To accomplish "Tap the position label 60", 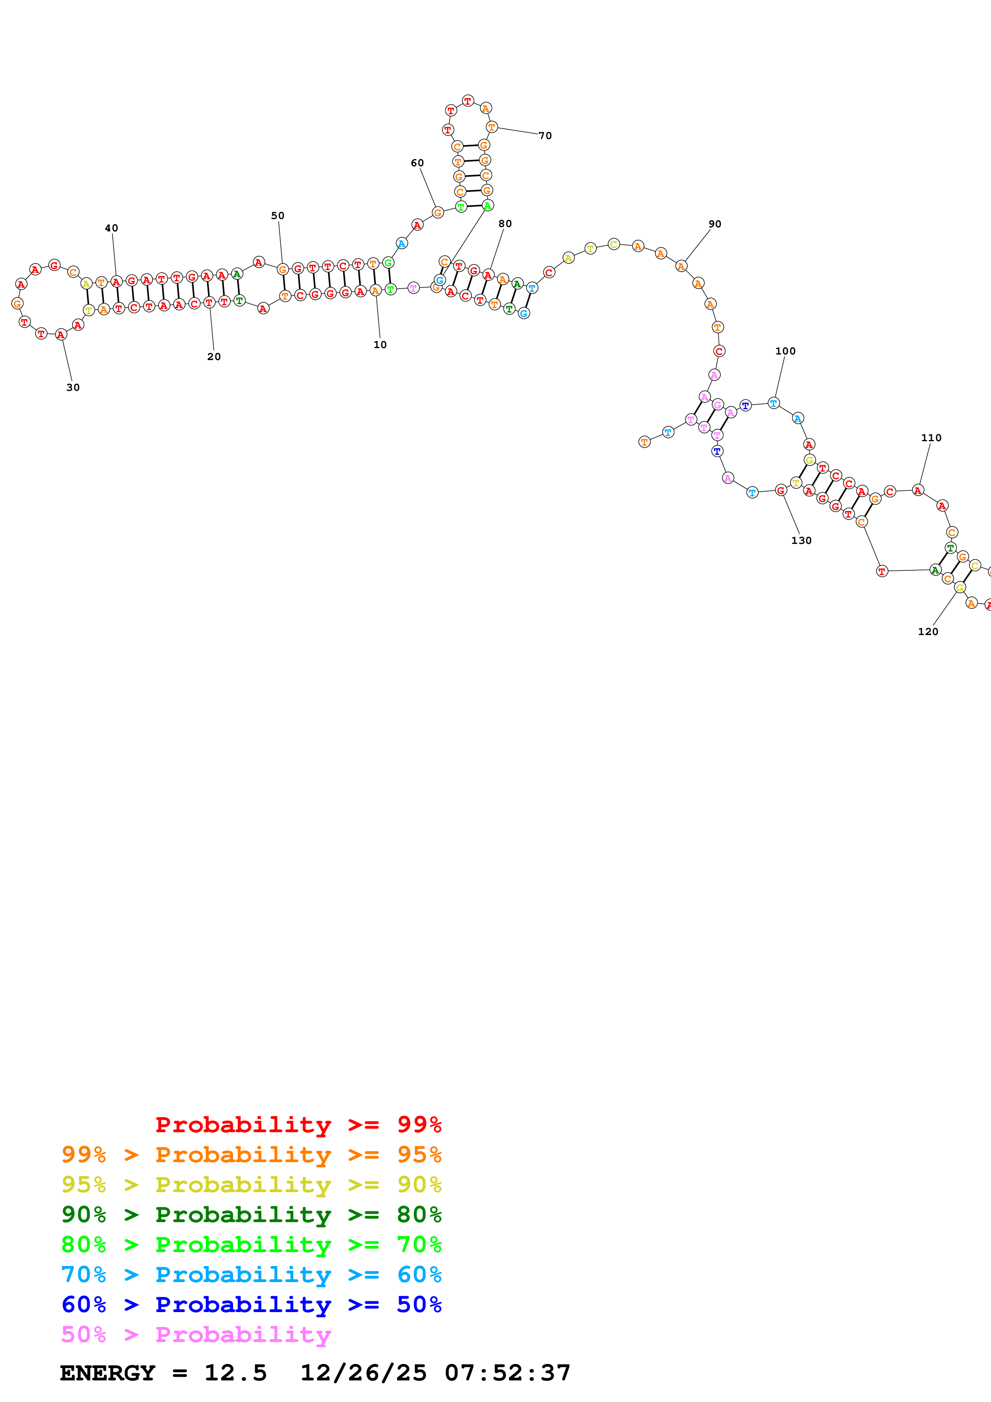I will tap(417, 163).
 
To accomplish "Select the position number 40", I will tap(111, 228).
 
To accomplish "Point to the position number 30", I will tap(73, 387).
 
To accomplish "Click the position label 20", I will tap(214, 356).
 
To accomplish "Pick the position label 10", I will tap(380, 345).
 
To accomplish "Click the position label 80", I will tap(505, 223).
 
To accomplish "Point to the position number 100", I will tap(785, 351).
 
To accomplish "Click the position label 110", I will tap(931, 438).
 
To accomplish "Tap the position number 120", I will tap(927, 631).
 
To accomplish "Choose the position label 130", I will tap(801, 540).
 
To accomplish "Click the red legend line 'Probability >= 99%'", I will tap(298, 1124).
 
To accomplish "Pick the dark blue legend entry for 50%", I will tap(251, 1304).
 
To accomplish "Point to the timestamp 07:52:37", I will tap(507, 1373).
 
